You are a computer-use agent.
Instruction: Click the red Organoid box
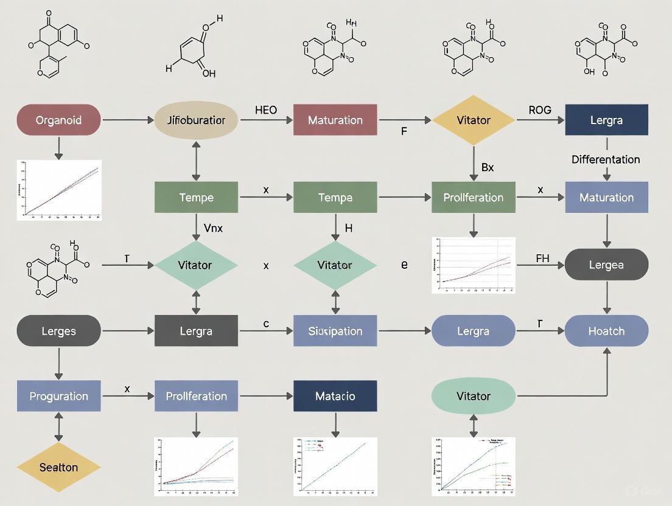click(58, 120)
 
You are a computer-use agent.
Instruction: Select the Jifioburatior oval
click(196, 120)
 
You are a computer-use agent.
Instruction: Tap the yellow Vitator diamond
click(473, 120)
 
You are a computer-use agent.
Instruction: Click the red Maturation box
click(335, 120)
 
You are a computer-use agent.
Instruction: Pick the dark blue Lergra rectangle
click(606, 120)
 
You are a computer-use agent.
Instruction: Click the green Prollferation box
click(473, 198)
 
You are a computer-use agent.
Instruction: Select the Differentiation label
click(606, 159)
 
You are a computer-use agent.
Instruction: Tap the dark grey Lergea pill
click(606, 265)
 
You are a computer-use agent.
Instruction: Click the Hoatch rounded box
click(606, 331)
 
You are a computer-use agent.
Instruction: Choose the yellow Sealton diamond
click(58, 467)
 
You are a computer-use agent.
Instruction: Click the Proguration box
click(58, 396)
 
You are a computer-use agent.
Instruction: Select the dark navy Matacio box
click(335, 396)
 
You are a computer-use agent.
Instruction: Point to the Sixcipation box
click(335, 331)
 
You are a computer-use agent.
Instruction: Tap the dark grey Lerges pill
click(58, 331)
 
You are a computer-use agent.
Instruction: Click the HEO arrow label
click(266, 110)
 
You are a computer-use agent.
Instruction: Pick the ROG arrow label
click(539, 110)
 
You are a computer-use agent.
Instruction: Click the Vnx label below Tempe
click(213, 229)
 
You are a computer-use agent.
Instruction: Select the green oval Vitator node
click(473, 396)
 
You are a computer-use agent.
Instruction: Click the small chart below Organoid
click(60, 190)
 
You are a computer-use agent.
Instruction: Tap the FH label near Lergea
click(542, 258)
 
